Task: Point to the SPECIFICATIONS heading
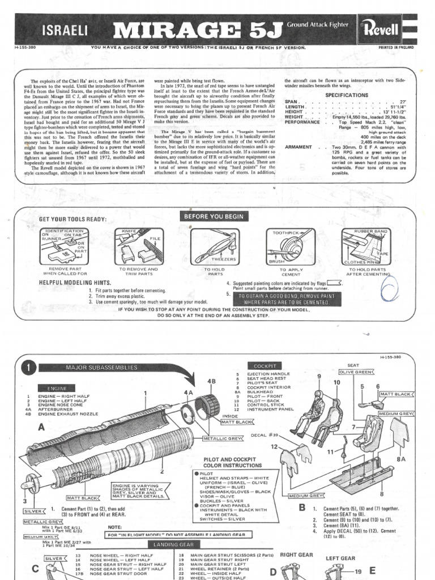click(x=347, y=95)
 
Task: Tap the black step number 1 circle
click(x=29, y=368)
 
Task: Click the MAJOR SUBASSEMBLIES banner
click(x=102, y=368)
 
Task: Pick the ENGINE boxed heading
click(x=57, y=388)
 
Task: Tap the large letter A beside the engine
click(x=41, y=428)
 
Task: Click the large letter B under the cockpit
click(x=302, y=507)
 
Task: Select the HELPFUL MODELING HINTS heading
click(x=75, y=282)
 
